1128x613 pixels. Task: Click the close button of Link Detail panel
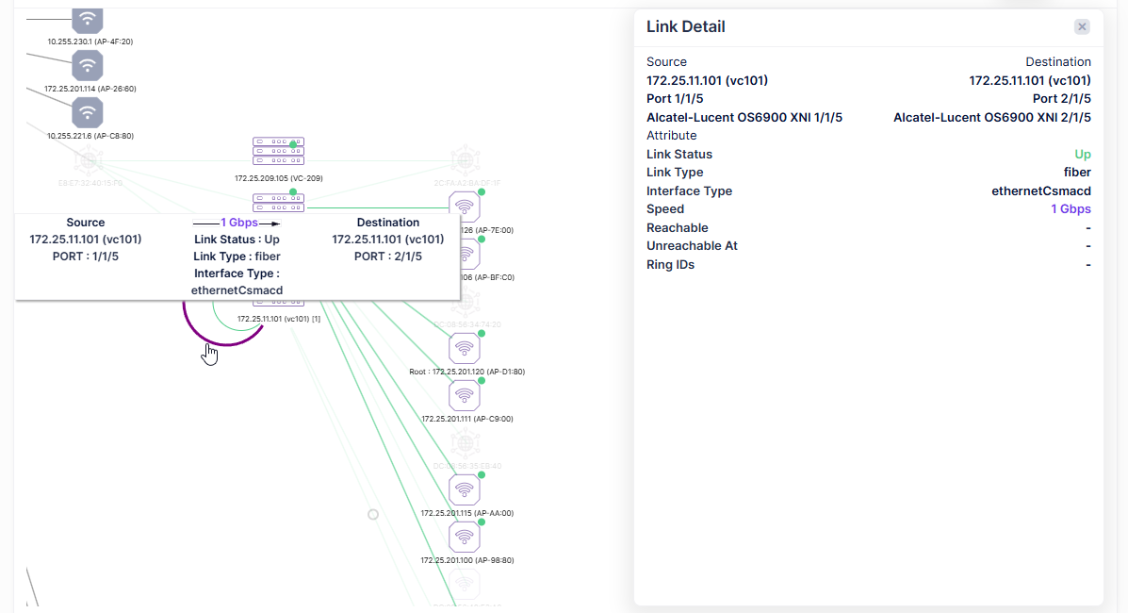[1082, 26]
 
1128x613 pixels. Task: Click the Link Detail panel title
[685, 26]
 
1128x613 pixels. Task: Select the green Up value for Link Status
[1083, 154]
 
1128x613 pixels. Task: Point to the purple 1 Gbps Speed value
[1071, 208]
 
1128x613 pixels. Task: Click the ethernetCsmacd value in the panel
[1041, 191]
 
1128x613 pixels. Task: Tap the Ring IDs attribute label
[670, 264]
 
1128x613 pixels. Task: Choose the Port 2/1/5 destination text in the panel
[1061, 98]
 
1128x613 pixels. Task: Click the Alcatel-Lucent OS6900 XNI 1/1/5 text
[744, 117]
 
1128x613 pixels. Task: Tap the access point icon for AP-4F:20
[88, 19]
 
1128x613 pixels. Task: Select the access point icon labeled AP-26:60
[88, 65]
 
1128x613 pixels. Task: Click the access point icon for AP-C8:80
[88, 112]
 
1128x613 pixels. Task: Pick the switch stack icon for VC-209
[279, 151]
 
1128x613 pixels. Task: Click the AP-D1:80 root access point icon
[465, 348]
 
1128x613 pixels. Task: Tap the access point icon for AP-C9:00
[465, 395]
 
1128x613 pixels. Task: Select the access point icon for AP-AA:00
[465, 489]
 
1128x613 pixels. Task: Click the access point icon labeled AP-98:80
[465, 537]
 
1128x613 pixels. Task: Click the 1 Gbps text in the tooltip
[239, 223]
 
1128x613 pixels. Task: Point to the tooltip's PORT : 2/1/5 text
[388, 256]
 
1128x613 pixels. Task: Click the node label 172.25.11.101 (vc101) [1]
[279, 319]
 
